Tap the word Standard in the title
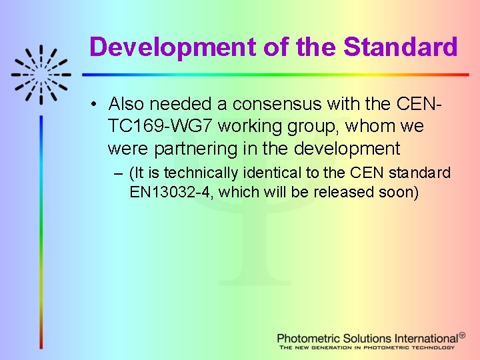point(401,47)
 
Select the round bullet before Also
point(97,105)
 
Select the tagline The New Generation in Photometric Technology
point(366,347)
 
